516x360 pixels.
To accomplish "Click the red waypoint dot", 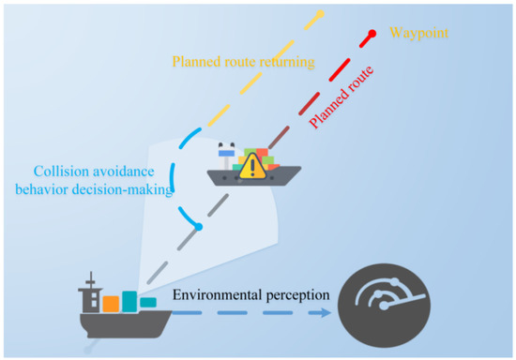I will [x=372, y=35].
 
